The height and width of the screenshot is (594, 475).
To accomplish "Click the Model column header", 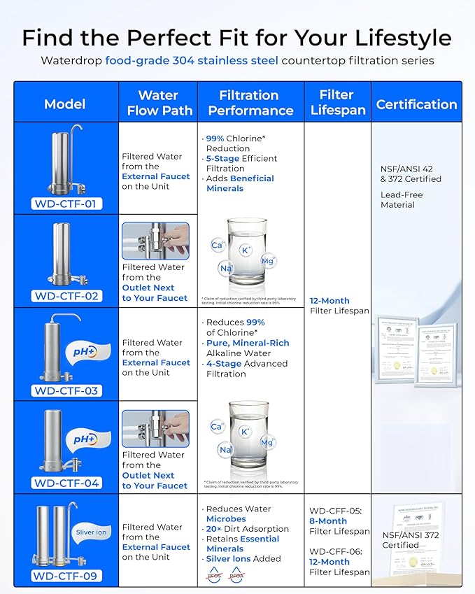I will pyautogui.click(x=65, y=104).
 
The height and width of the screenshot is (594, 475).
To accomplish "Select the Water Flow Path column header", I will pyautogui.click(x=157, y=103).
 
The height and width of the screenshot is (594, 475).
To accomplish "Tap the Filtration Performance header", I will pyautogui.click(x=250, y=103).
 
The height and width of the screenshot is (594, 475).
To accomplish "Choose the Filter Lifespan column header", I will pyautogui.click(x=336, y=103).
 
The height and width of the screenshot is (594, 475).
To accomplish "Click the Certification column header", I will pyautogui.click(x=416, y=104).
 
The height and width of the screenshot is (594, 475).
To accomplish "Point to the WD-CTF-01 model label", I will pyautogui.click(x=67, y=204).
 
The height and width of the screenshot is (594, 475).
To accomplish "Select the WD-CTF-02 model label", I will pyautogui.click(x=67, y=296).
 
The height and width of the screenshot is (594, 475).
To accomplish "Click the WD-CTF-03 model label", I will pyautogui.click(x=67, y=391).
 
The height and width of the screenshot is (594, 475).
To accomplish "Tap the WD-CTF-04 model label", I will pyautogui.click(x=67, y=483).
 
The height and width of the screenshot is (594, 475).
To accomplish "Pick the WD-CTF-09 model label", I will pyautogui.click(x=67, y=577).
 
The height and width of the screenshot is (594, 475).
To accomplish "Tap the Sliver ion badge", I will pyautogui.click(x=92, y=532).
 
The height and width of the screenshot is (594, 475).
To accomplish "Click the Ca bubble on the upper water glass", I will pyautogui.click(x=218, y=245).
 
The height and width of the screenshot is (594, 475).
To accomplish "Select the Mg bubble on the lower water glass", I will pyautogui.click(x=267, y=442).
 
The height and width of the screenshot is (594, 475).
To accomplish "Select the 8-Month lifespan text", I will pyautogui.click(x=328, y=521).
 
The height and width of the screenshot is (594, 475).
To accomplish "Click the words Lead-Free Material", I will pyautogui.click(x=397, y=199).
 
